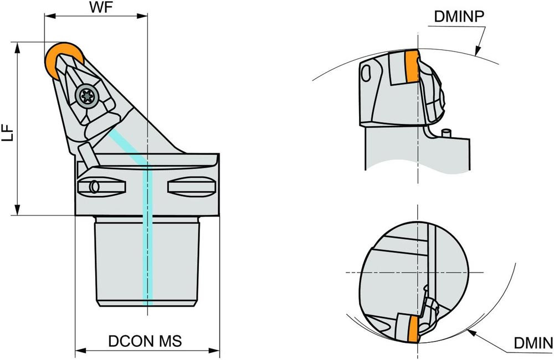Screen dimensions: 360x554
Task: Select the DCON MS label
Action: tap(145, 341)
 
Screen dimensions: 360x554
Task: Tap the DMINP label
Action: tap(459, 17)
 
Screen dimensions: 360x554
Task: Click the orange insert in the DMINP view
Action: tap(411, 65)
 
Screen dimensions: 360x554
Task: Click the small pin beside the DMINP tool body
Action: tap(447, 133)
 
